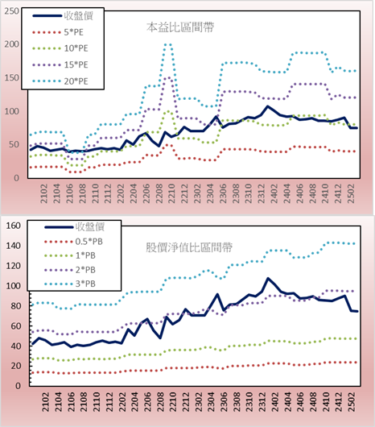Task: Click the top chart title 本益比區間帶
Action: click(180, 27)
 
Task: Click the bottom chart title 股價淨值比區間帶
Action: click(189, 247)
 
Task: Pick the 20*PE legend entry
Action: click(60, 81)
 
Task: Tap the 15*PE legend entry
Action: click(60, 64)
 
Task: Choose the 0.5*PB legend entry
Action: click(73, 242)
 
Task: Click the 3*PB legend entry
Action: click(70, 284)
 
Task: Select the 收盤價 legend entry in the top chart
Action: click(63, 16)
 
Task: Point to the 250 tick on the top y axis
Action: click(12, 11)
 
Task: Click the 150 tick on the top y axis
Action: click(12, 78)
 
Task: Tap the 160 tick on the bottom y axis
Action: click(14, 226)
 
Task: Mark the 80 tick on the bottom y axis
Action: click(16, 306)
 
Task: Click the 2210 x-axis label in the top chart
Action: click(171, 193)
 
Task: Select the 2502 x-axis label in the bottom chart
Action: click(352, 402)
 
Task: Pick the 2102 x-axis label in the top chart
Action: click(43, 193)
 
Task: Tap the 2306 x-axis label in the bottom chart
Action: click(223, 402)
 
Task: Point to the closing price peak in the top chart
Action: click(268, 106)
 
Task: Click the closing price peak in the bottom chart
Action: click(268, 278)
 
